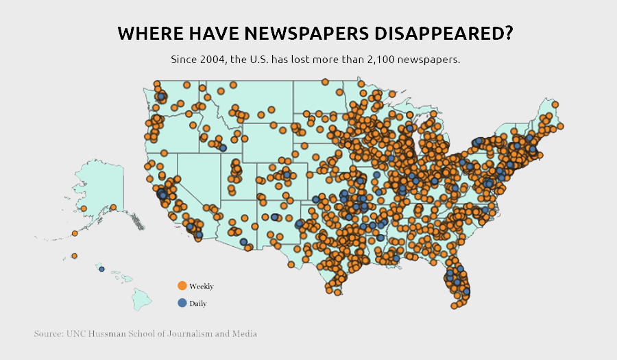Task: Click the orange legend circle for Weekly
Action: coord(182,286)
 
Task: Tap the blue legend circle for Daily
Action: coord(182,302)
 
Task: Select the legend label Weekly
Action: coord(202,287)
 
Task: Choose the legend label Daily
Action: coord(198,303)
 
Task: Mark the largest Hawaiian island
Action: coord(141,298)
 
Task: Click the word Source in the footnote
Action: coord(47,334)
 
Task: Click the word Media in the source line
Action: coord(243,334)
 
